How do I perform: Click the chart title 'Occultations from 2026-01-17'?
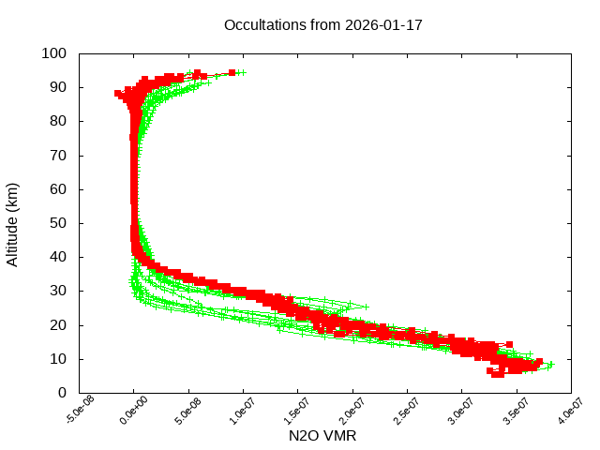tap(323, 24)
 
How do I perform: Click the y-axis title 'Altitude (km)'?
tap(13, 224)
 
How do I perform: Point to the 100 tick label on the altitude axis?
tap(53, 53)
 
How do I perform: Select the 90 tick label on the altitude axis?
tap(57, 87)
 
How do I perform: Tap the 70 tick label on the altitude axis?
tap(57, 156)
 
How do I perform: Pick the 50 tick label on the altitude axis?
tap(57, 223)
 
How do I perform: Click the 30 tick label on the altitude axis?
tap(57, 291)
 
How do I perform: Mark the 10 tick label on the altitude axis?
tap(57, 359)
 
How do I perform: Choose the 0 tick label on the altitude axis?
tap(61, 393)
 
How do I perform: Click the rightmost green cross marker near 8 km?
tap(551, 365)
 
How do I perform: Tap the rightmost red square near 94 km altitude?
tap(232, 72)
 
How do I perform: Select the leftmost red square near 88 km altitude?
tap(118, 93)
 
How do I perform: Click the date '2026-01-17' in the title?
tap(385, 24)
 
